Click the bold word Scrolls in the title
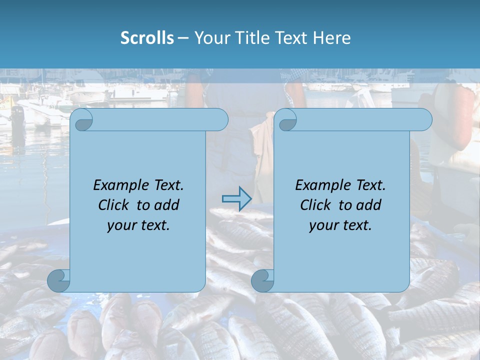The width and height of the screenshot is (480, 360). click(x=147, y=38)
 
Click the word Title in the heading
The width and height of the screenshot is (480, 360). click(x=248, y=38)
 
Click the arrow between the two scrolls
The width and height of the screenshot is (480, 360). click(x=236, y=198)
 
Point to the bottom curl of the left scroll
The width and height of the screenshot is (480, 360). click(x=58, y=280)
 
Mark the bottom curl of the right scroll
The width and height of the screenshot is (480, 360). click(x=262, y=280)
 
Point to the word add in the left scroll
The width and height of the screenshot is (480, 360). click(x=168, y=205)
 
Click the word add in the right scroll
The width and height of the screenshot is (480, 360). click(x=370, y=205)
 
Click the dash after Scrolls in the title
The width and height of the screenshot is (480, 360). click(x=183, y=38)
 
